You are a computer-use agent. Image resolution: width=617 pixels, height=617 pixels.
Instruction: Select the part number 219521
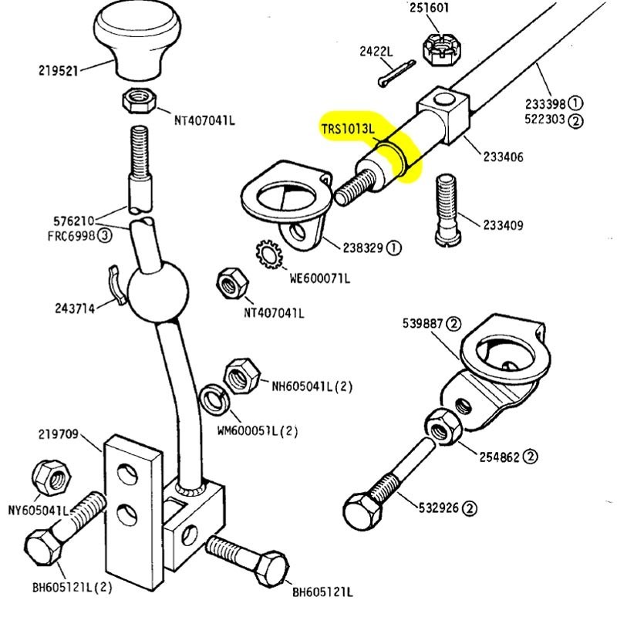tap(58, 70)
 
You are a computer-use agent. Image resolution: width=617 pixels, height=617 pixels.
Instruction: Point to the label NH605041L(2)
tap(311, 385)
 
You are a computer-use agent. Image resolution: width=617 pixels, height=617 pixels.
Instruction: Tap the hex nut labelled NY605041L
tap(49, 478)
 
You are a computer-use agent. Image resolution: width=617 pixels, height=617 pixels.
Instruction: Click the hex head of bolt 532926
tap(360, 510)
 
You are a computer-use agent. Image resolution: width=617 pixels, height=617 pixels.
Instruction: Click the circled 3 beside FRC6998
tap(103, 236)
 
